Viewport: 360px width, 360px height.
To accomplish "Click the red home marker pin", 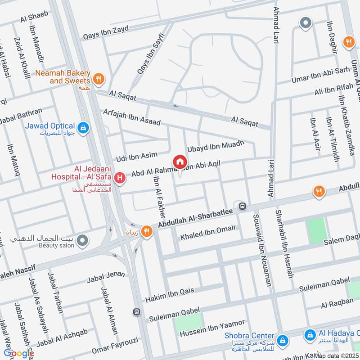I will click(180, 162).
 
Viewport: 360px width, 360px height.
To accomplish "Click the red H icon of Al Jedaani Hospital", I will click(120, 178).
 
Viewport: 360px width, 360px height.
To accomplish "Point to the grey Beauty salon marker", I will click(82, 242).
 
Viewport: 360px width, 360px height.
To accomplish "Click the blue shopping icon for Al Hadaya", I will click(310, 335).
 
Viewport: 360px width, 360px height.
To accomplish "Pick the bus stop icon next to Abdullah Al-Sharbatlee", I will click(243, 206).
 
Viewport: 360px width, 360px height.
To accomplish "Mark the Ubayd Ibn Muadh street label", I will click(215, 146).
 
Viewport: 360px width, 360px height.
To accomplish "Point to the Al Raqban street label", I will click(337, 304).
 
